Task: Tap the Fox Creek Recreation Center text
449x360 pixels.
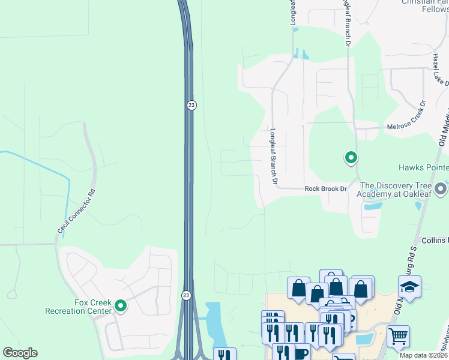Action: pos(78,307)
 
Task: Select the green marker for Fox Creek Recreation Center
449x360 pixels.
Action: pos(121,306)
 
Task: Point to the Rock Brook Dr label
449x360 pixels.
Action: pos(326,188)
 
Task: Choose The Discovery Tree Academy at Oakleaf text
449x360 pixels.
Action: pos(394,190)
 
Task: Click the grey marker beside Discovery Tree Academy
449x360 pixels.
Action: pos(441,189)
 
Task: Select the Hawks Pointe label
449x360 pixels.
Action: pos(423,167)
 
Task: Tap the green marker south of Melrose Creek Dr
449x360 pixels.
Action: pos(351,158)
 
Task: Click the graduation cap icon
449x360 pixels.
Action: pos(409,287)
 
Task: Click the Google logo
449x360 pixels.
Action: pos(20,353)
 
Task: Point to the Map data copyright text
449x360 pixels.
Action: pos(423,355)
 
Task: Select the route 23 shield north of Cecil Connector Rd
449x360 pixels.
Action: pos(191,104)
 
